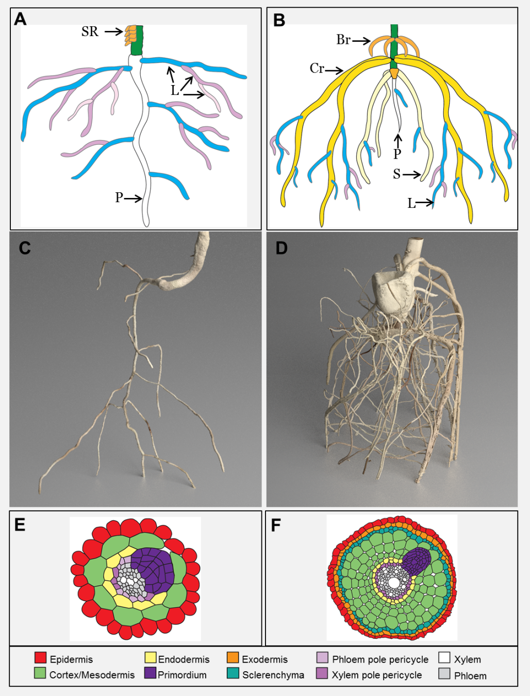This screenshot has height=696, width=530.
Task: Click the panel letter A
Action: point(20,19)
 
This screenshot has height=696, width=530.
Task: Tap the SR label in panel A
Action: point(90,32)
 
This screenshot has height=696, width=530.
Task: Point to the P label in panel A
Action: point(119,197)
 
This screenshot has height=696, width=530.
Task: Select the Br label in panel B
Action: point(343,40)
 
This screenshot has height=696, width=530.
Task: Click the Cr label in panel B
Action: point(317,68)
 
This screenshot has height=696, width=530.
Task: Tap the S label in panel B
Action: point(396,174)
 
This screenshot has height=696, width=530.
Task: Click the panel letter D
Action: point(281,248)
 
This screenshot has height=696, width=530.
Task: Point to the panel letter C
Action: point(24,248)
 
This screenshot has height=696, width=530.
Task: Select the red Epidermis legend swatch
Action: point(40,658)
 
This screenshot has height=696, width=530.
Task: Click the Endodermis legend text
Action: point(184,659)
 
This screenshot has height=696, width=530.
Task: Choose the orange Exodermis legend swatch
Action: point(233,658)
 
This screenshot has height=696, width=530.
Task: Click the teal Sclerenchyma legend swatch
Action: point(233,673)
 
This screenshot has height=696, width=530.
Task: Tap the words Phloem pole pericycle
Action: point(380,659)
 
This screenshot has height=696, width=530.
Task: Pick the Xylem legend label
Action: point(467,659)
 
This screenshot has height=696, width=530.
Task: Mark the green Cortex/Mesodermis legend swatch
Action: point(40,673)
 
